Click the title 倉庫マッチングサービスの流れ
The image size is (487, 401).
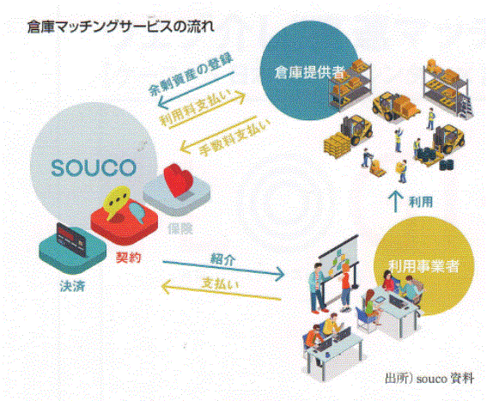120,27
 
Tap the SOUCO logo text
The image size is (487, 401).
94,168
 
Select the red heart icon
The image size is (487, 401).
178,179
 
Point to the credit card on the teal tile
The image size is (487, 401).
70,240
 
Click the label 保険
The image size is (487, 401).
180,229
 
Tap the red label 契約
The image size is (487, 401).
129,258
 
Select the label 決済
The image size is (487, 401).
73,286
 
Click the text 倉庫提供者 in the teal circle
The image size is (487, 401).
309,73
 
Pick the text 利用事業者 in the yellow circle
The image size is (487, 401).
423,266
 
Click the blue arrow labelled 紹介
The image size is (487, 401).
223,269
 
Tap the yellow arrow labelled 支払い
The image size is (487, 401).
221,290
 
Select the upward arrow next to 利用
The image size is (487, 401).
396,201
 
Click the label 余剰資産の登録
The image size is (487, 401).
191,75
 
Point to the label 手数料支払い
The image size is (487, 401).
234,137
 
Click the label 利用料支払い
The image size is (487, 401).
196,108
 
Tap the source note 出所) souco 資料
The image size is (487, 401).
429,379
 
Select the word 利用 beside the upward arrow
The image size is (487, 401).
421,202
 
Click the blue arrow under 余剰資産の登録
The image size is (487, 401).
196,90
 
